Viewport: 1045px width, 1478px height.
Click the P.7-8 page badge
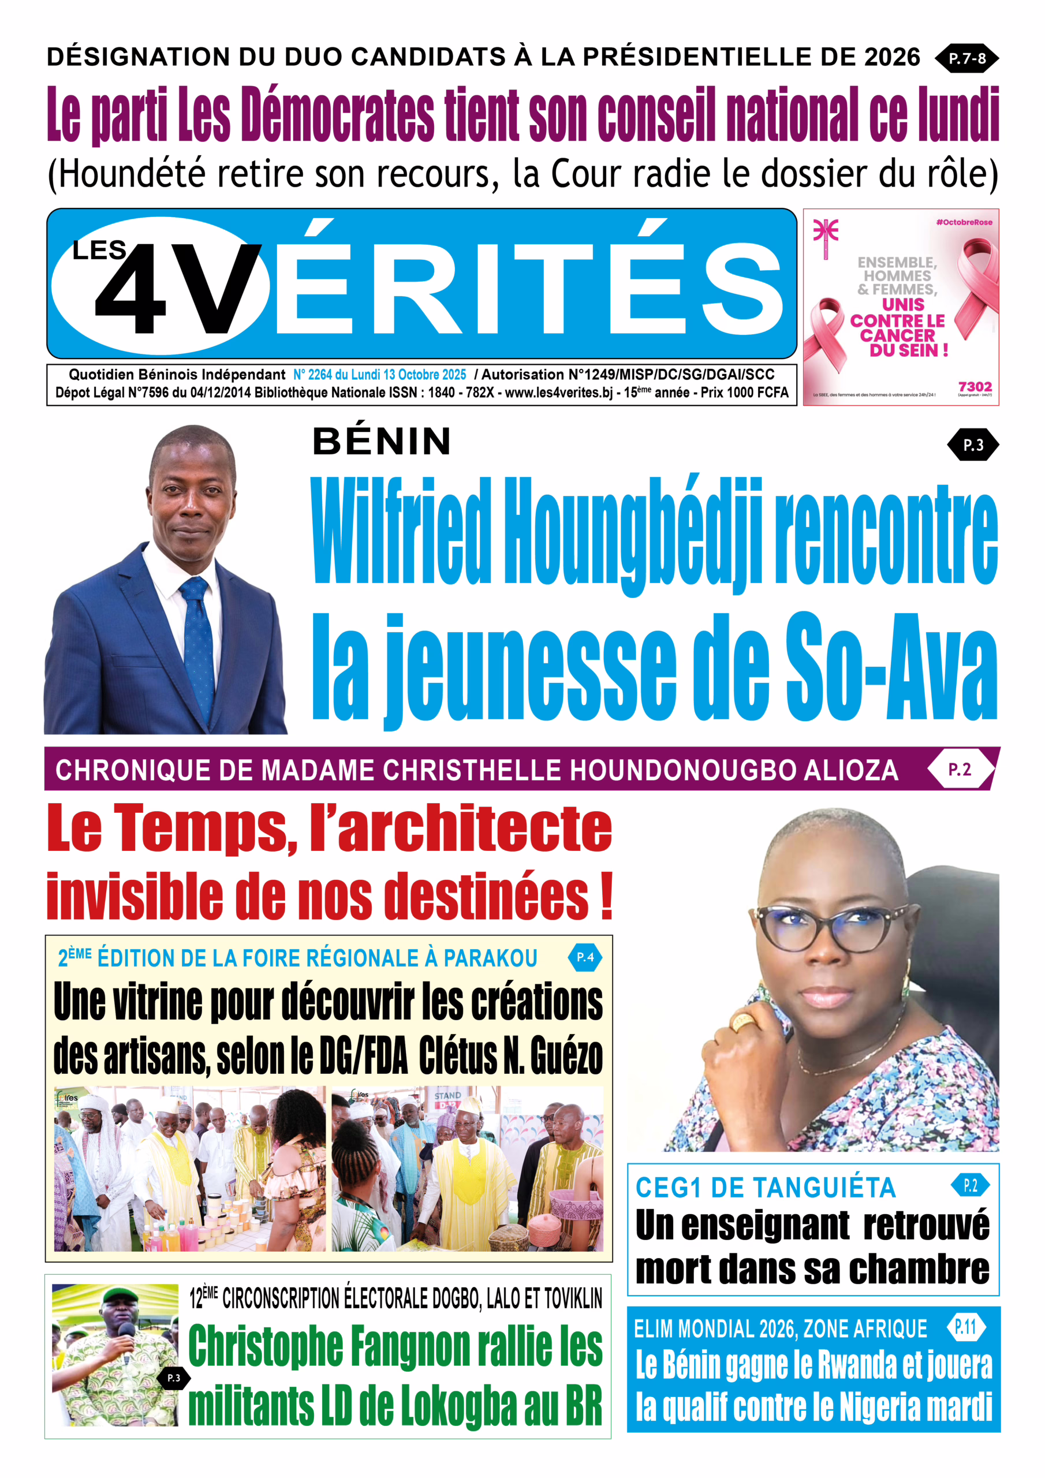coord(966,58)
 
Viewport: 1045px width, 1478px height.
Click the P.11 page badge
coord(965,1327)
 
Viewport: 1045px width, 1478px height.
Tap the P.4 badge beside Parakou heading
coord(585,957)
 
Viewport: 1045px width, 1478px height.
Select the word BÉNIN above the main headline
coord(381,442)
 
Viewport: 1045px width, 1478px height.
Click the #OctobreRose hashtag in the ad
coord(964,222)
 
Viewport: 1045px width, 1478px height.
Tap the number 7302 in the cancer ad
coord(975,386)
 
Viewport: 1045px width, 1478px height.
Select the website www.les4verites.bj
coord(558,393)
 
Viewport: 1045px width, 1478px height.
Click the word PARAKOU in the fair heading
coord(490,958)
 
